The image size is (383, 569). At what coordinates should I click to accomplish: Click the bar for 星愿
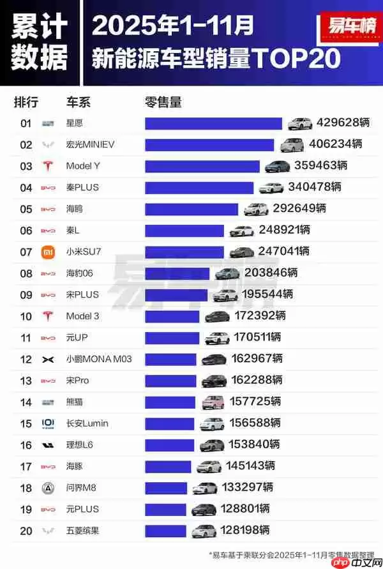click(x=213, y=123)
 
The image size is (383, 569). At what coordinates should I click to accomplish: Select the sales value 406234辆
click(x=335, y=144)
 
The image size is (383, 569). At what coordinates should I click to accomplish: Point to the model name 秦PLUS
click(x=82, y=187)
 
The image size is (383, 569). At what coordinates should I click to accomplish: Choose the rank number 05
click(x=26, y=209)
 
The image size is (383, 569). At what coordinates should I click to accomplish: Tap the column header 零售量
click(x=163, y=102)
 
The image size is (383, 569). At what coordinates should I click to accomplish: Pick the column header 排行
click(x=26, y=102)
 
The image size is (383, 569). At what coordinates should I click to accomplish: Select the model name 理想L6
click(x=80, y=444)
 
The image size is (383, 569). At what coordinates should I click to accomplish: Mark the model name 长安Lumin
click(x=87, y=423)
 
